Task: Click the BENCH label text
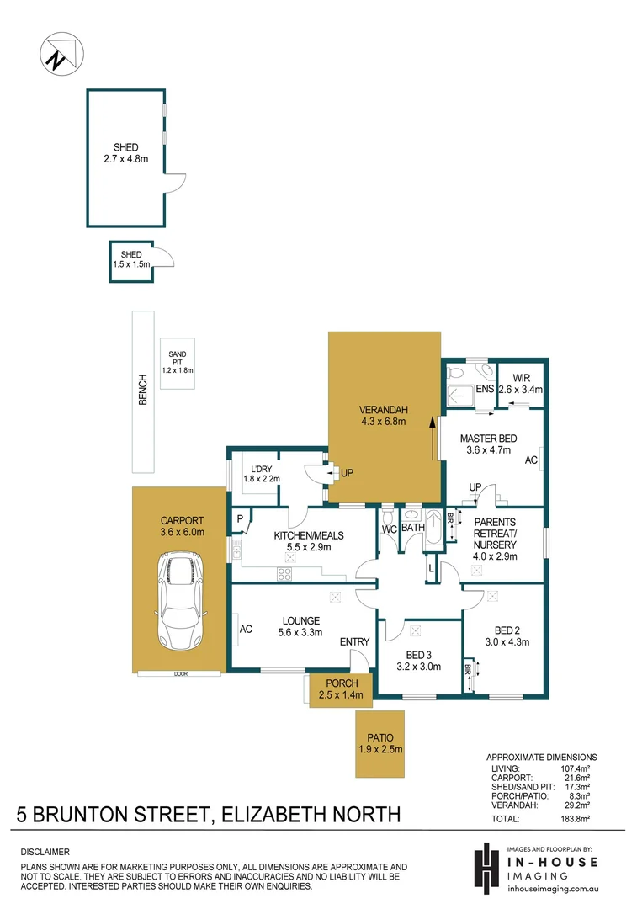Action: [142, 391]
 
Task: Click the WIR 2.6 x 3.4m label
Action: [521, 384]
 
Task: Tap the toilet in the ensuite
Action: [455, 370]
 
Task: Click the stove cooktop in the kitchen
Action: [284, 575]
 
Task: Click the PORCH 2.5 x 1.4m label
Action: [340, 688]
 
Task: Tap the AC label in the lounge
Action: [246, 629]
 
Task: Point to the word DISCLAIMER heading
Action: [45, 852]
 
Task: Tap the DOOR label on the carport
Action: [180, 673]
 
